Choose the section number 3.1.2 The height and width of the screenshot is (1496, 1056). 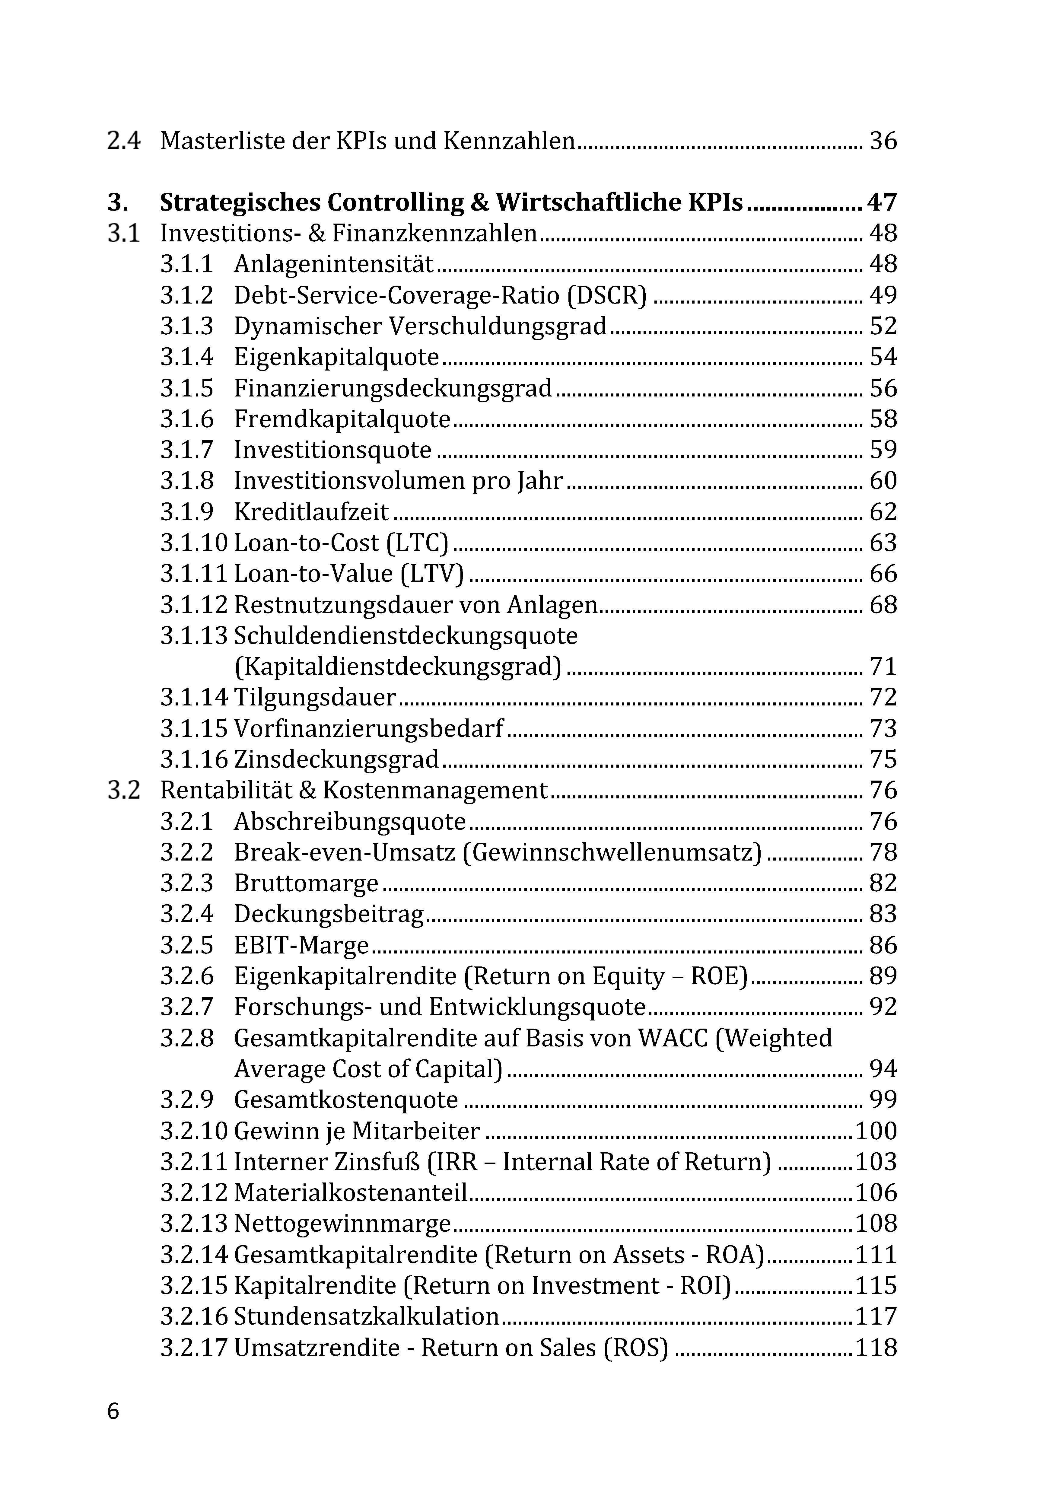(x=187, y=296)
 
